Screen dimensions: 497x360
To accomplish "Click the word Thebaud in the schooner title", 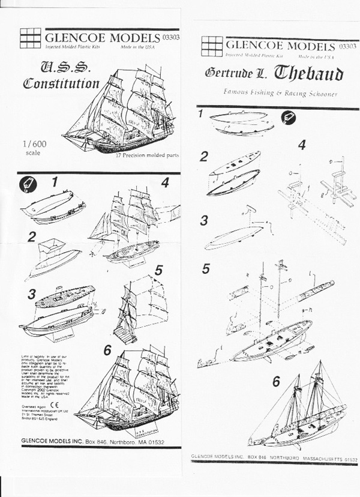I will click(x=308, y=74).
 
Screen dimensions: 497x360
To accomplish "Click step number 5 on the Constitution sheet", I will click(x=158, y=271).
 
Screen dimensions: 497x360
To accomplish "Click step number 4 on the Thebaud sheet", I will click(x=302, y=145).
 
